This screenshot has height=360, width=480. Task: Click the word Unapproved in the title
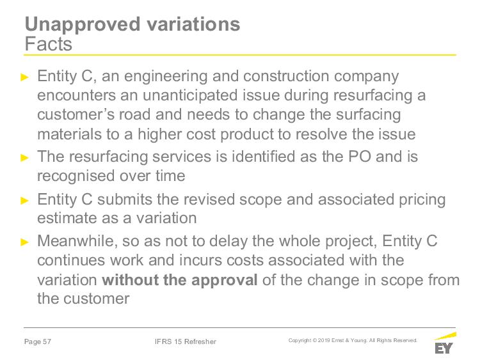click(83, 25)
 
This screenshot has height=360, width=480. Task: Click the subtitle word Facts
click(49, 44)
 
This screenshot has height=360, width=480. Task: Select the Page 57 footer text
click(38, 341)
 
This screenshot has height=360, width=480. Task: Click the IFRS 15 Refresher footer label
click(186, 341)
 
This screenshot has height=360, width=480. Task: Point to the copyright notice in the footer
click(353, 340)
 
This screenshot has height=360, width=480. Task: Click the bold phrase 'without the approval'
click(180, 280)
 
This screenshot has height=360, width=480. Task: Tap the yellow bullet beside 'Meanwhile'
click(24, 242)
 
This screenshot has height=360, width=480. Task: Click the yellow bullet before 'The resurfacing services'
click(24, 158)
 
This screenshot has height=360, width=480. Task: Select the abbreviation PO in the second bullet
click(360, 157)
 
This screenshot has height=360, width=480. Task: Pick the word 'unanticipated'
click(190, 95)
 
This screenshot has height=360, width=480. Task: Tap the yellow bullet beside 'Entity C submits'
click(24, 201)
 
